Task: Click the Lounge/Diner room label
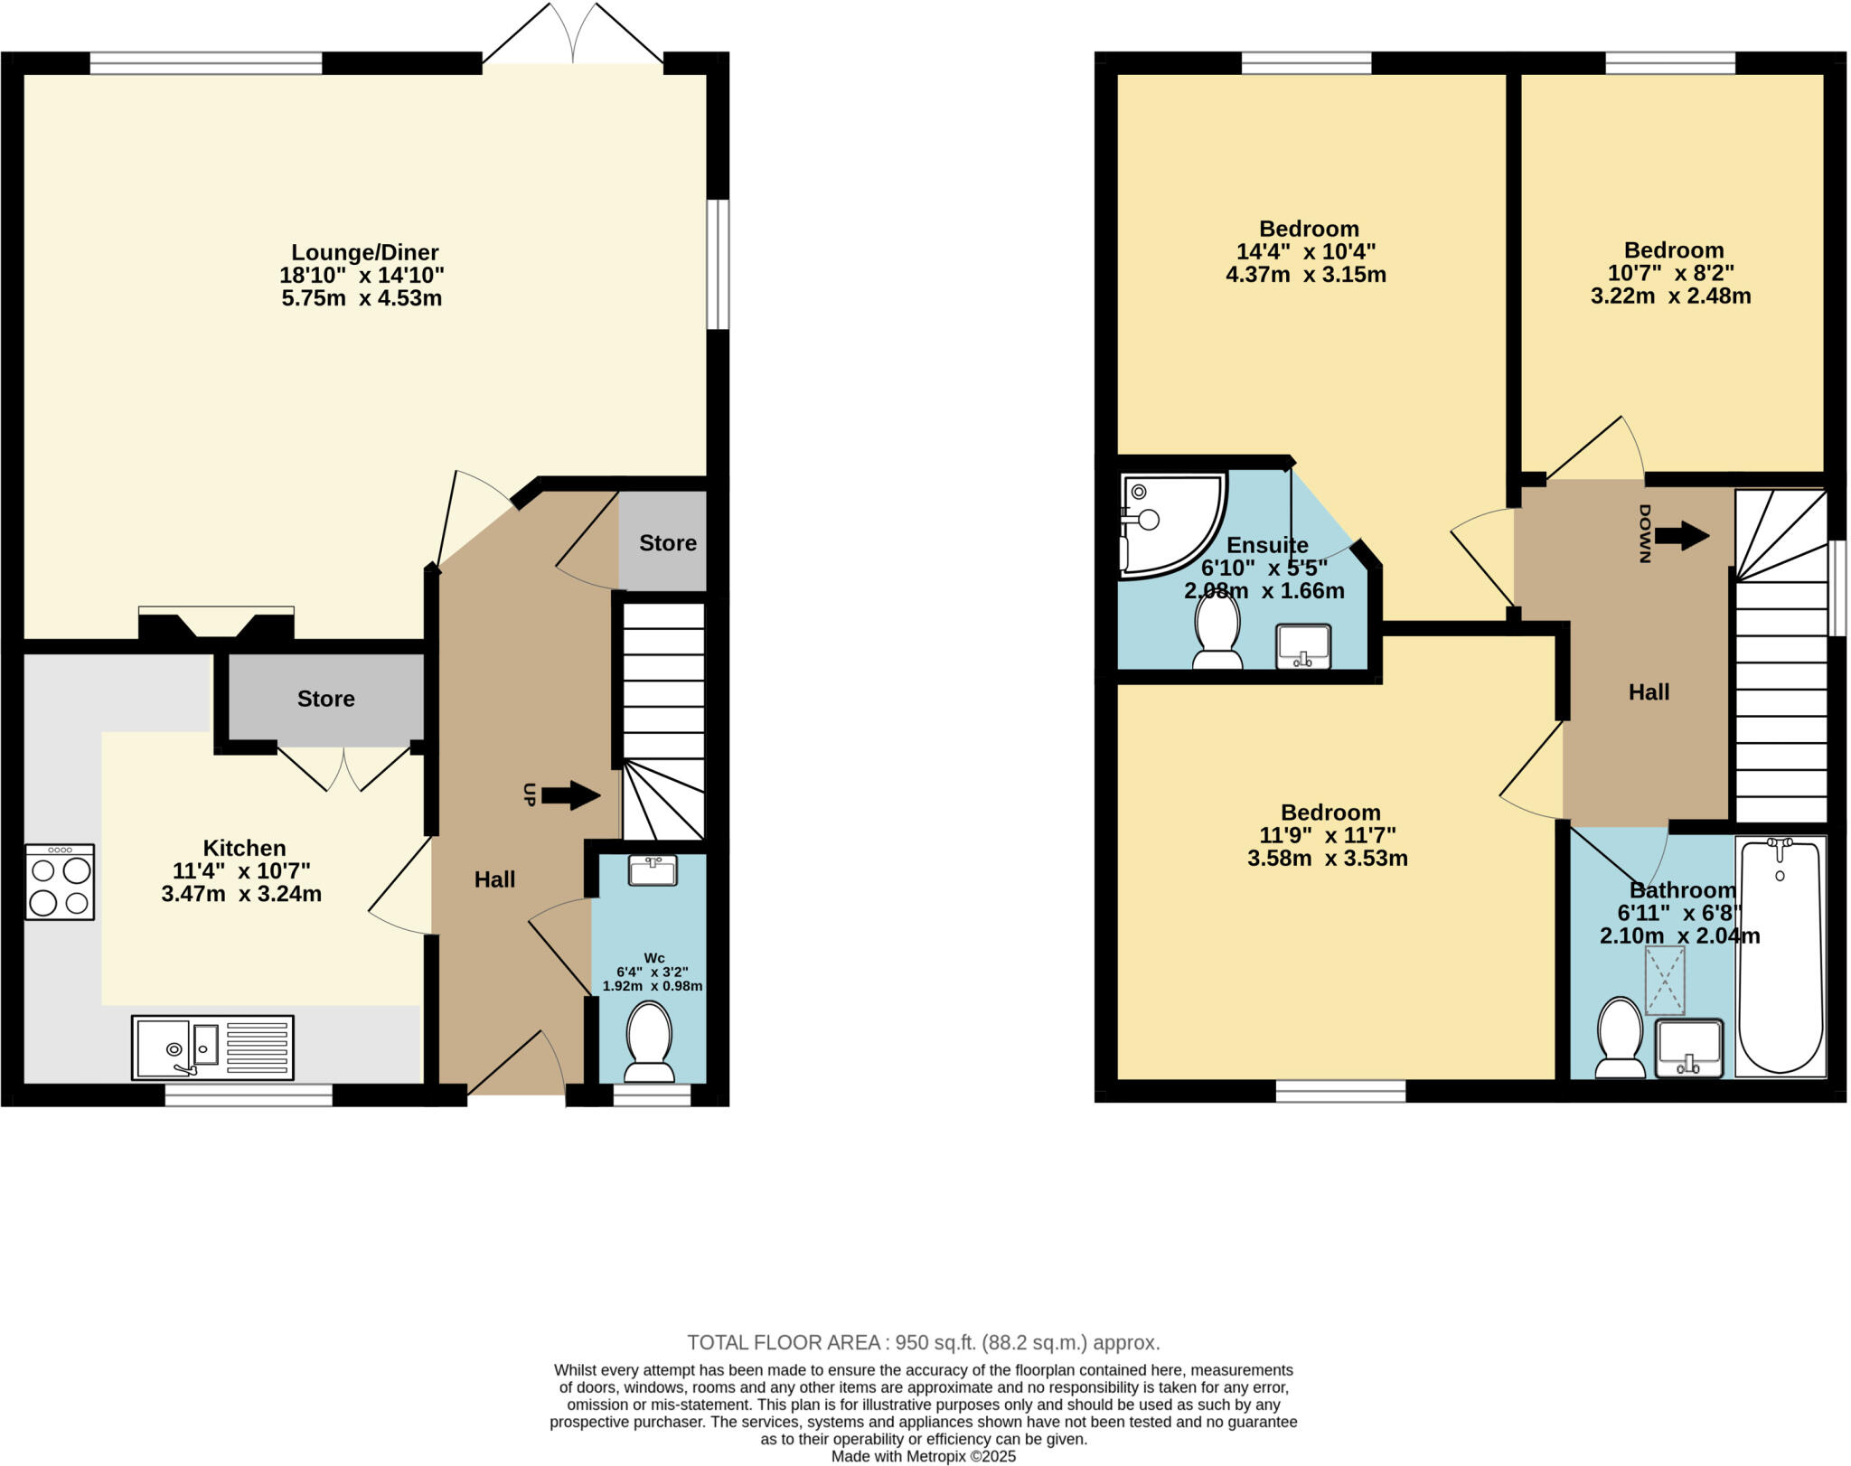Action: click(364, 252)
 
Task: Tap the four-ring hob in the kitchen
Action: click(60, 882)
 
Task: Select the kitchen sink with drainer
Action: click(212, 1048)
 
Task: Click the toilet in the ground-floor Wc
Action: click(649, 1042)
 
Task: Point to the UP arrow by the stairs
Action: click(571, 795)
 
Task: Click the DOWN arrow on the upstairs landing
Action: click(1681, 535)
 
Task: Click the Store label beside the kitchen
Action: click(325, 699)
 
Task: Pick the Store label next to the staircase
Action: click(667, 543)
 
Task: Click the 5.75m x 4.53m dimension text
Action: click(362, 298)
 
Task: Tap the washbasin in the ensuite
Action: click(1302, 646)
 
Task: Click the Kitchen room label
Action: click(244, 848)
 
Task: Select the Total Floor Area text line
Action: click(923, 1342)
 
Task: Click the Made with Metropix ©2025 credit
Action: click(923, 1457)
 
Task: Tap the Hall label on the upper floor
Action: click(1649, 692)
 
